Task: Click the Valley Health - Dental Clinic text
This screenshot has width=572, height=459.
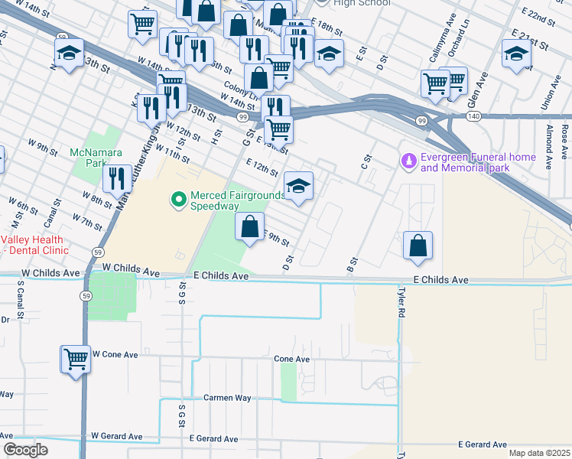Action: tap(34, 244)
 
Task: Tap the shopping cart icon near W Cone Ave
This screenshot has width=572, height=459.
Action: tap(76, 359)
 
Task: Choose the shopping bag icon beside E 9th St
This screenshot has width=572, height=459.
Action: tap(249, 227)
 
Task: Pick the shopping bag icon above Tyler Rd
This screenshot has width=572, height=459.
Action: tap(418, 246)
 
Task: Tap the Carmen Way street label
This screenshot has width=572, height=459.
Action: tap(227, 398)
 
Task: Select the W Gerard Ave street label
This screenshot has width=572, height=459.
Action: tap(116, 436)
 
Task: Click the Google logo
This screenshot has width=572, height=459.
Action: tap(26, 450)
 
